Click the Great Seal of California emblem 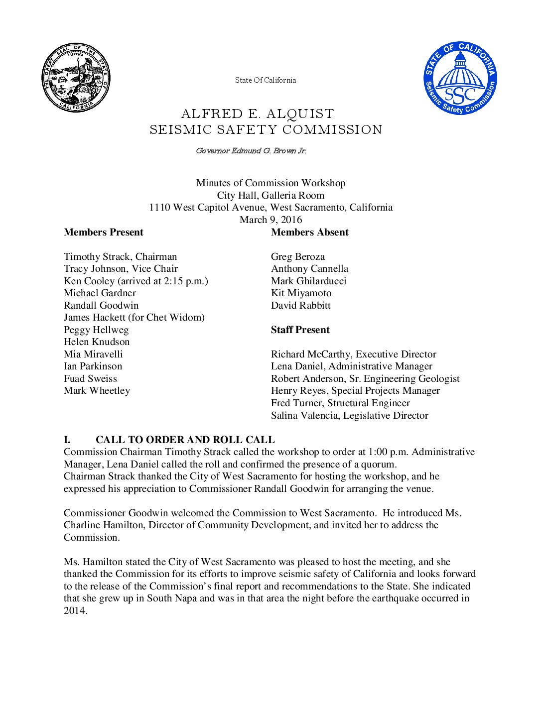point(76,77)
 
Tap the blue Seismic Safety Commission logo point(460,78)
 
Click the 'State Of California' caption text point(266,80)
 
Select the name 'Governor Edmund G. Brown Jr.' point(251,151)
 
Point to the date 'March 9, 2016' point(271,220)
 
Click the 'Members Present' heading point(103,233)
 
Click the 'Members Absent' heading point(309,233)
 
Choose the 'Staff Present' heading point(300,330)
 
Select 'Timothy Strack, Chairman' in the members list point(120,257)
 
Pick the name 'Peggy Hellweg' point(96,330)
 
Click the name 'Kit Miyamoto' point(301,293)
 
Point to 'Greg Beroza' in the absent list point(297,257)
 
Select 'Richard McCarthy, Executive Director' point(353,354)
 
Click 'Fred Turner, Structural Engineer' point(340,403)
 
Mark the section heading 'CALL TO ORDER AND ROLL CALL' point(185,440)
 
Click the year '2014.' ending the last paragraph point(75,610)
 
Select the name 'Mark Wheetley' point(97,391)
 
